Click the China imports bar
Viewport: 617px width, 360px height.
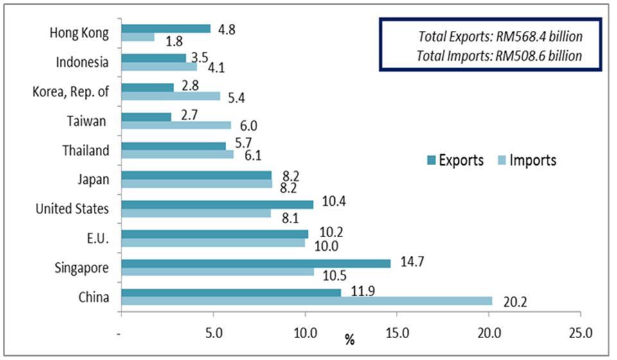[307, 300]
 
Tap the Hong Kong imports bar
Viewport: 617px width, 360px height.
[138, 37]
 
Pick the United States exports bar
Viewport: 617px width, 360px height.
[217, 204]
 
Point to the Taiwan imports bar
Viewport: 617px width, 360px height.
[175, 125]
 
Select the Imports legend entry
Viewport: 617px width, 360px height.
[526, 160]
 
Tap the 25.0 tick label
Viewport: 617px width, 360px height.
[581, 334]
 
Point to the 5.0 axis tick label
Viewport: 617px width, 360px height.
[213, 334]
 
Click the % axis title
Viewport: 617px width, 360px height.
[350, 339]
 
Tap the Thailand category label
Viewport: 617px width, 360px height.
[85, 150]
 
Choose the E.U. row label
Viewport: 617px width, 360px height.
[98, 239]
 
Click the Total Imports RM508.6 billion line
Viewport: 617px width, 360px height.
[500, 55]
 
